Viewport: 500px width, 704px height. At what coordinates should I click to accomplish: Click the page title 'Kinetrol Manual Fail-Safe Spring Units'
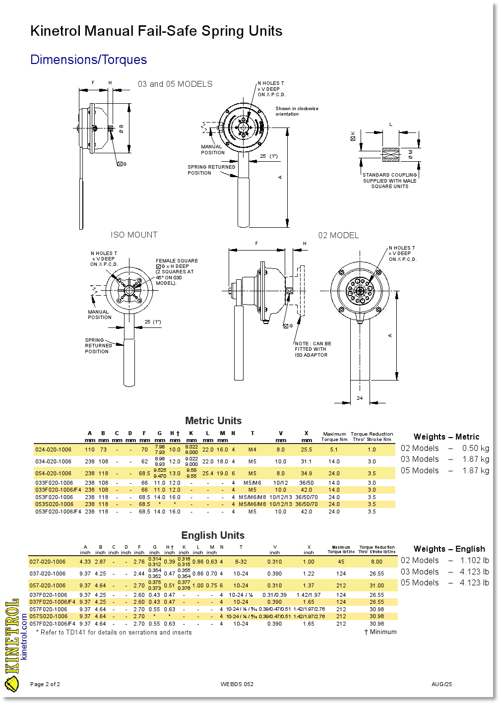[x=156, y=31]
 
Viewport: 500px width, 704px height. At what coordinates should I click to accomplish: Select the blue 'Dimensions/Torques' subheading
[x=89, y=60]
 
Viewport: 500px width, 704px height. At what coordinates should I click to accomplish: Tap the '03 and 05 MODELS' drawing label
[x=175, y=84]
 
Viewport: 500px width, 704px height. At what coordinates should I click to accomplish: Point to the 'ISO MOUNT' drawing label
[x=134, y=235]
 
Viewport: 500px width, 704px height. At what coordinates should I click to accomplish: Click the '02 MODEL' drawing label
[x=338, y=236]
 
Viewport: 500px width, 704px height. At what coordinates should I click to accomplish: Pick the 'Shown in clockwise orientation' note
[x=297, y=111]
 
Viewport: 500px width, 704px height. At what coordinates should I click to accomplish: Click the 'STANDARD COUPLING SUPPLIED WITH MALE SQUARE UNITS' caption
[x=389, y=181]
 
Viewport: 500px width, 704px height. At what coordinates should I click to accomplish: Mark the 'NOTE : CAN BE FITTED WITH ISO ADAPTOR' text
[x=312, y=349]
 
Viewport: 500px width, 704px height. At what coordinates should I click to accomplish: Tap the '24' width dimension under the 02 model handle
[x=360, y=398]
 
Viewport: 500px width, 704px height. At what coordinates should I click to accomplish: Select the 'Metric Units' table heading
[x=213, y=421]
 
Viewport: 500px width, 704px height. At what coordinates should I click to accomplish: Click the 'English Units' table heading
[x=213, y=535]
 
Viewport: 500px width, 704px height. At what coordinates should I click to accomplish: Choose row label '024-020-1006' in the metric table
[x=53, y=450]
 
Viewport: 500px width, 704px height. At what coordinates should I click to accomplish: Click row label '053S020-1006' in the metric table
[x=54, y=504]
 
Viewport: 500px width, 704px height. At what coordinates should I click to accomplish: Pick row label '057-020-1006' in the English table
[x=48, y=585]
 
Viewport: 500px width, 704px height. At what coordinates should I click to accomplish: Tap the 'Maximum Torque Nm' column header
[x=334, y=437]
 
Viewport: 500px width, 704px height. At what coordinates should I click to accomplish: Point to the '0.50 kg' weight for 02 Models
[x=475, y=448]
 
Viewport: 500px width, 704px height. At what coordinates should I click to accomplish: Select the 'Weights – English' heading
[x=449, y=549]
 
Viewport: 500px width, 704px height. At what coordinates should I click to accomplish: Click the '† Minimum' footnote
[x=380, y=632]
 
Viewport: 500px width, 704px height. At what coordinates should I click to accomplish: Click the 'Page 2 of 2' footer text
[x=45, y=685]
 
